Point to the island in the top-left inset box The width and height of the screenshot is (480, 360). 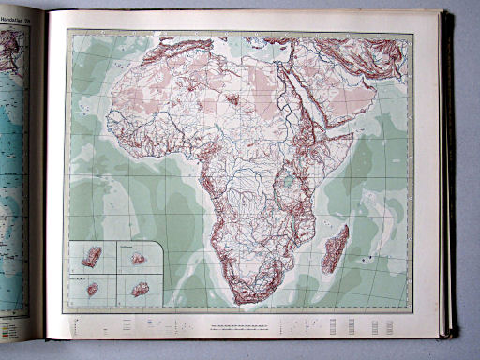tap(91, 255)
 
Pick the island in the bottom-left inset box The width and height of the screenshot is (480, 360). tap(93, 289)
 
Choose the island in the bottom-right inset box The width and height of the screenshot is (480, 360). tap(140, 289)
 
